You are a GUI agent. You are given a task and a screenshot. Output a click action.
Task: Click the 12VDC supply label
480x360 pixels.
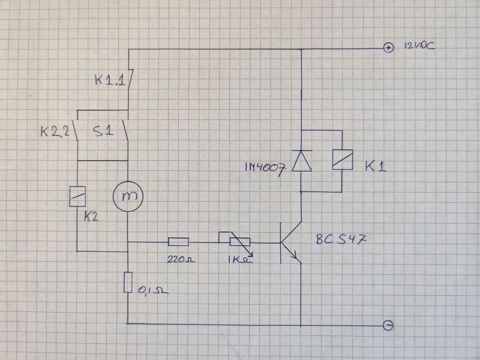(419, 46)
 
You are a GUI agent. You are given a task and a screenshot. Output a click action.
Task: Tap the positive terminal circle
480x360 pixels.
(388, 48)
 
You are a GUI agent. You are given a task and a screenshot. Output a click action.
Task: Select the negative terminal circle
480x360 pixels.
(388, 325)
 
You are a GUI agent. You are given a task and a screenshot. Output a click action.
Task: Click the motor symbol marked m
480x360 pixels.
(128, 196)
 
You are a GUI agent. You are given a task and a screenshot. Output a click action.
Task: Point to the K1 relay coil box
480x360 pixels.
(343, 160)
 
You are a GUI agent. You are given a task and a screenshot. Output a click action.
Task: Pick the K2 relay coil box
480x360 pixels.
(77, 196)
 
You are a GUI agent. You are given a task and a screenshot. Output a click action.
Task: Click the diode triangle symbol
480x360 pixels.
(302, 161)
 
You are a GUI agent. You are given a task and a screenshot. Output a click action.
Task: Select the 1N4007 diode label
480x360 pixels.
(266, 167)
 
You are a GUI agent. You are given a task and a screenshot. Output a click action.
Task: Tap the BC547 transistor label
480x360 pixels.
(341, 239)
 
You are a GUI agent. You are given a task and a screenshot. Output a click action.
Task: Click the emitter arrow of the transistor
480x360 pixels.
(296, 256)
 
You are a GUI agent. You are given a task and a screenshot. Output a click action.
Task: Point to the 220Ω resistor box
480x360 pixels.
(178, 242)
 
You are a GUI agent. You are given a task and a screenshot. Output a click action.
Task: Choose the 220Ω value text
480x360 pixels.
(181, 260)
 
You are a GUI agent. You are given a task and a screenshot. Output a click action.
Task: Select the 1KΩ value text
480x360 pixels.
(240, 260)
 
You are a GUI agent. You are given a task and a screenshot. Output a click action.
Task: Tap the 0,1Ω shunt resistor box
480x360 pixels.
(128, 282)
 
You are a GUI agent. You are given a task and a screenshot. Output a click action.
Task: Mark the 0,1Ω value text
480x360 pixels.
(153, 290)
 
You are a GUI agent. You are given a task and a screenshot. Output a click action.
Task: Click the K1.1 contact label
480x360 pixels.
(110, 80)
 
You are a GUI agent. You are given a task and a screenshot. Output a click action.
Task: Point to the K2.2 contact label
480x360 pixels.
(55, 132)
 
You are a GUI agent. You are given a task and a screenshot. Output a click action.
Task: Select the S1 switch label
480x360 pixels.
(103, 131)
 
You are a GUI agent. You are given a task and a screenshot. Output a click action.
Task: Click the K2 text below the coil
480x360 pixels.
(91, 217)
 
